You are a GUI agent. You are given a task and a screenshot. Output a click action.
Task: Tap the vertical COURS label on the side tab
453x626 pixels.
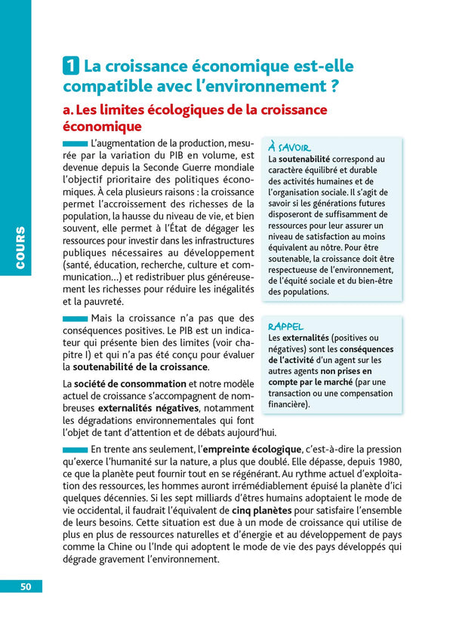21,249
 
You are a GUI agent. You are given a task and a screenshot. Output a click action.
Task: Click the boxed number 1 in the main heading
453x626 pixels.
70,66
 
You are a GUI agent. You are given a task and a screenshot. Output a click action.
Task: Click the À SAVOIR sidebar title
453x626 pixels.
290,147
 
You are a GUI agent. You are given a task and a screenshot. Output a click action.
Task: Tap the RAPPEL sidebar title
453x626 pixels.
286,327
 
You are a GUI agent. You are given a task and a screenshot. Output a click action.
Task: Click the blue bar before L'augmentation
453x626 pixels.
75,143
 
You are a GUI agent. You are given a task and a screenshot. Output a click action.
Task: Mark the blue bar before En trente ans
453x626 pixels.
75,450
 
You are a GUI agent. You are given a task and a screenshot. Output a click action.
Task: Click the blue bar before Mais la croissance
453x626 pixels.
75,319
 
